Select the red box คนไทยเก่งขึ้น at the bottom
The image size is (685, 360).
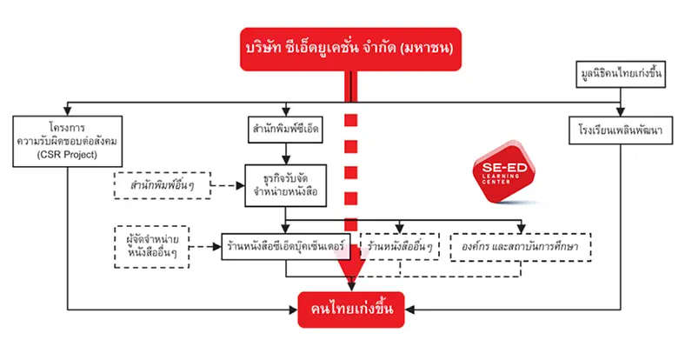point(351,310)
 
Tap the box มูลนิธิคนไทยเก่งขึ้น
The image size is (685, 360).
point(621,75)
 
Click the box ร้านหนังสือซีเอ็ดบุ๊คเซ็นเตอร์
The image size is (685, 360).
point(287,247)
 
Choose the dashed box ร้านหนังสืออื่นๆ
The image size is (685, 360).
point(400,247)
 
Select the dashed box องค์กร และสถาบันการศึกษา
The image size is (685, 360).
point(520,247)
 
